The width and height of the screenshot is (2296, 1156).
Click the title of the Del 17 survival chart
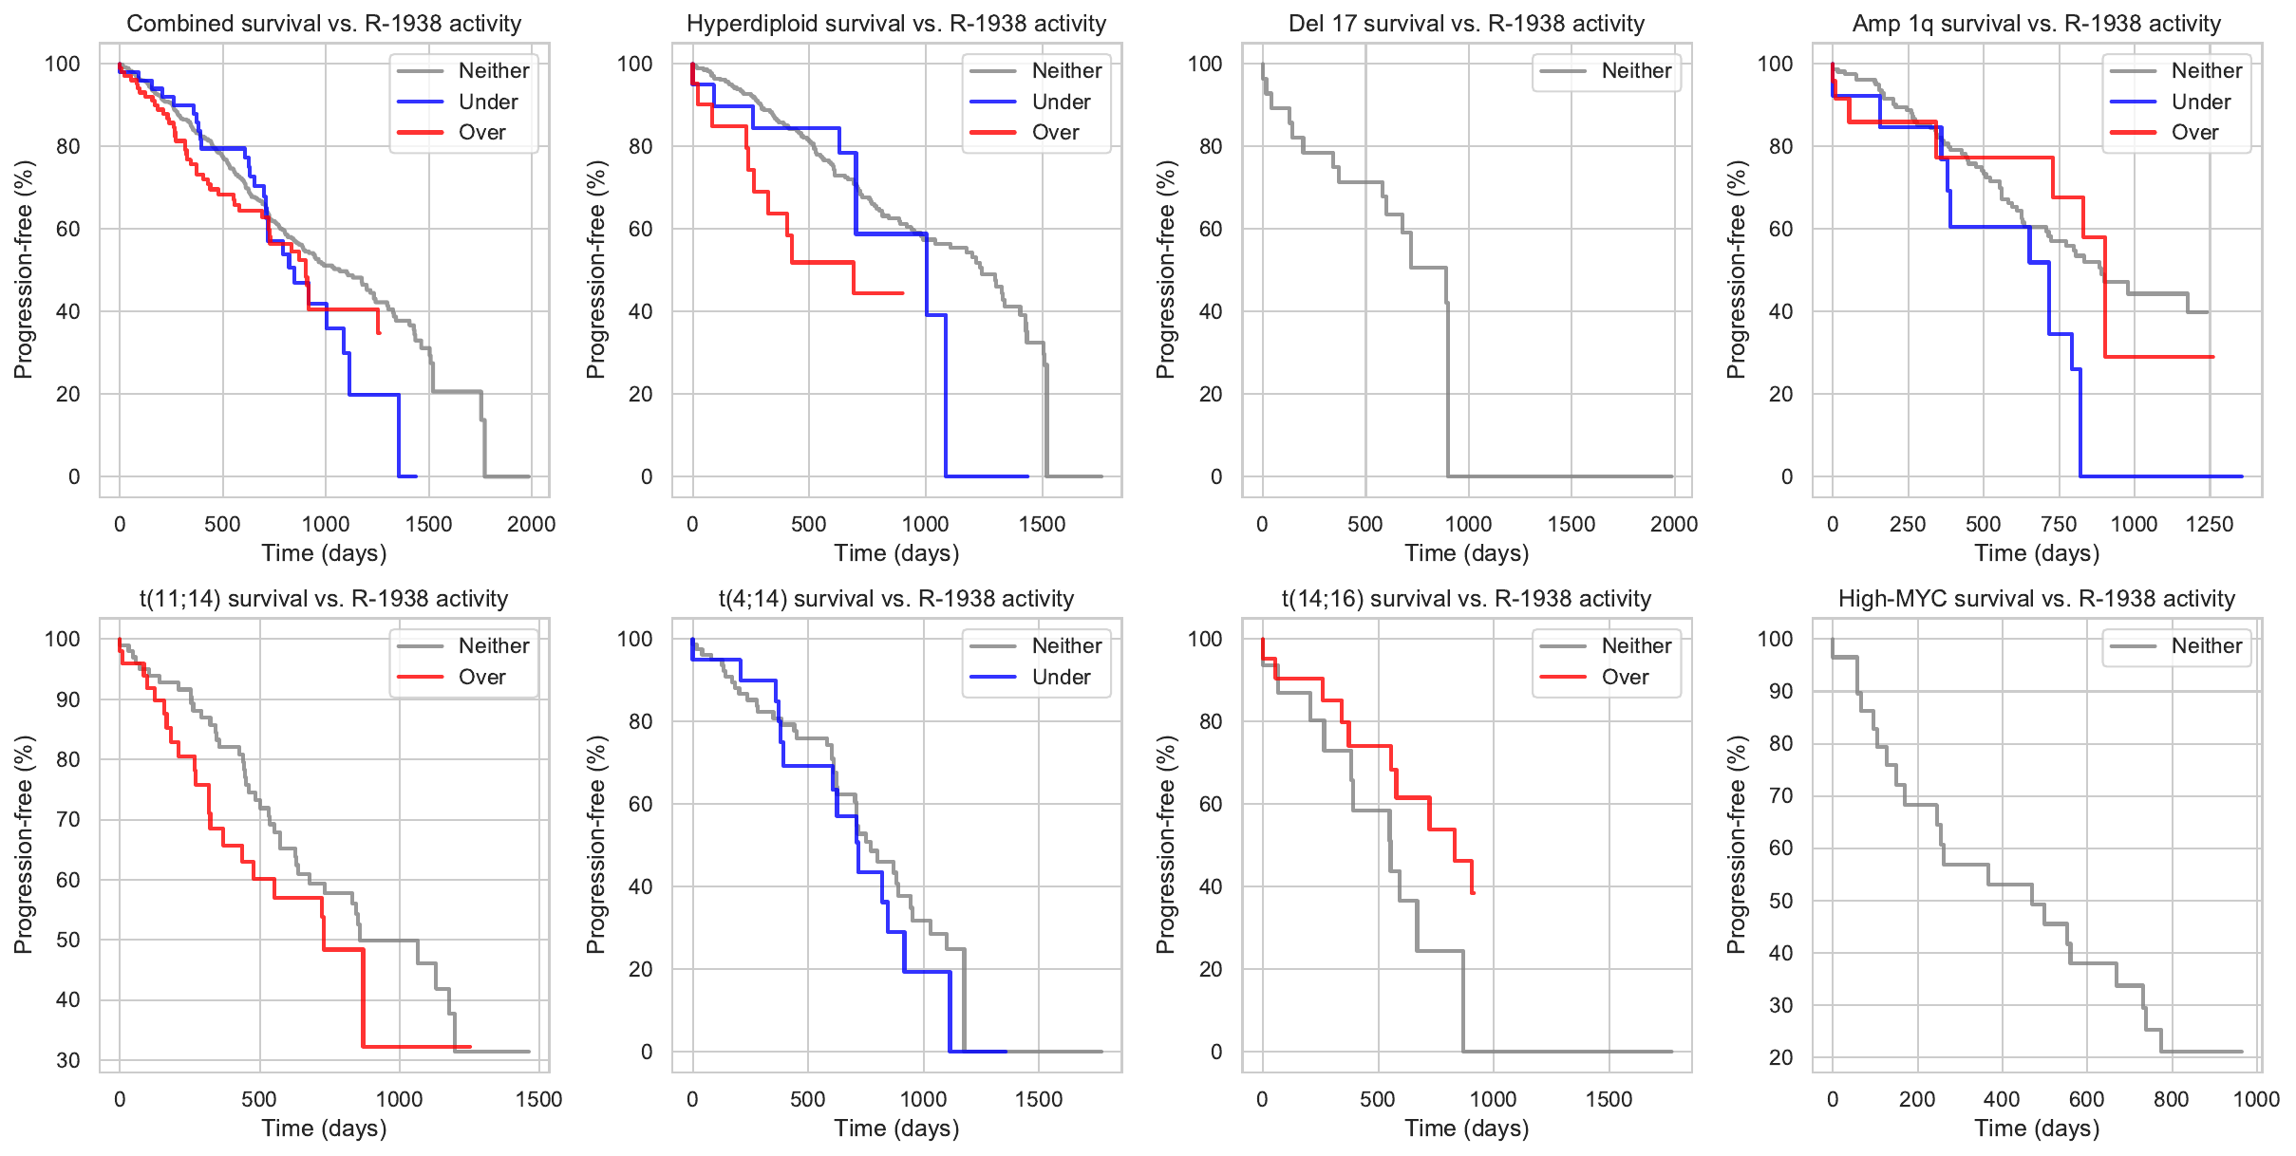point(1466,24)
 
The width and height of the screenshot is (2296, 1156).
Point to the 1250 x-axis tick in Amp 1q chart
point(2209,524)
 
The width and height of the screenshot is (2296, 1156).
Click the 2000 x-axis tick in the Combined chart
point(531,524)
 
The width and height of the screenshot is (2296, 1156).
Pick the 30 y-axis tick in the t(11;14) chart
point(68,1060)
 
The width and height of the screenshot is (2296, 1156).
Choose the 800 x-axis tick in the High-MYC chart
point(2171,1099)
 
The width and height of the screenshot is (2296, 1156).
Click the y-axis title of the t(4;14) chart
point(595,844)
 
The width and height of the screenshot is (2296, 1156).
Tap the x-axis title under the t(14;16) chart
point(1466,1128)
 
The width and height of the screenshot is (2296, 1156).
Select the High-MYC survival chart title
point(2036,599)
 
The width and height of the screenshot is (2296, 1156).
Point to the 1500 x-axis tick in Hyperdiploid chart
point(1042,524)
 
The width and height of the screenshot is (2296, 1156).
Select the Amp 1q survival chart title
point(2036,24)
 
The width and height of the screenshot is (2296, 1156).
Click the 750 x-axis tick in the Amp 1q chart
point(2059,524)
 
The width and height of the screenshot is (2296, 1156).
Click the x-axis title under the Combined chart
point(324,553)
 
